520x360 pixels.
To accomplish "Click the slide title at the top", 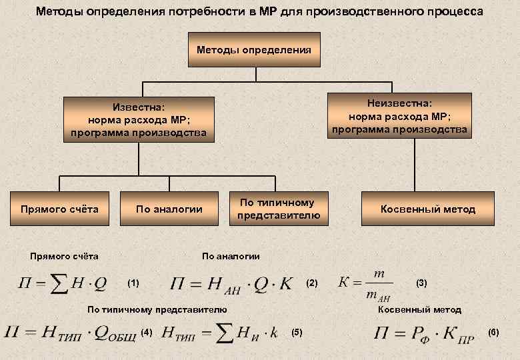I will (260, 13).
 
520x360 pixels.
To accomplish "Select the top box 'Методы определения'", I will (254, 50).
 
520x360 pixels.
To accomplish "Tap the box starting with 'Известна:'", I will (139, 120).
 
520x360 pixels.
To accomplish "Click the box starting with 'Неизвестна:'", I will (399, 115).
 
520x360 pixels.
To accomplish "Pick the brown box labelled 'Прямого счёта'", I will (59, 209).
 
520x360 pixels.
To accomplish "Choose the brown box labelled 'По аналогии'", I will (169, 209).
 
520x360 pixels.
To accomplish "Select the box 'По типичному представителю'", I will (279, 209).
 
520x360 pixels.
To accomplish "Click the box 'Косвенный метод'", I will (428, 209).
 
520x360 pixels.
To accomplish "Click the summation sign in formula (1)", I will (59, 283).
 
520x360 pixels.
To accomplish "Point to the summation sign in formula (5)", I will (225, 333).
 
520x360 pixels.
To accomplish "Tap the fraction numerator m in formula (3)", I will (379, 274).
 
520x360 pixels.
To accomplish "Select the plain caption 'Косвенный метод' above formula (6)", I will (419, 310).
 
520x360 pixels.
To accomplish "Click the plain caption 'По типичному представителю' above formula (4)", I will (157, 310).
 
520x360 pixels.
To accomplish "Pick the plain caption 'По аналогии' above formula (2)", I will (231, 256).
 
